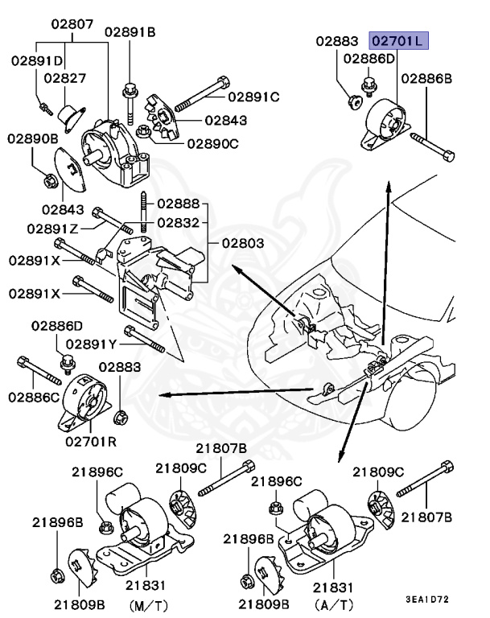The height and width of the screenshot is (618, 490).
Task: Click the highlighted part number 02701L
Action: coord(399,40)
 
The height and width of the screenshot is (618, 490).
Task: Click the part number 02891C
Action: coord(253,97)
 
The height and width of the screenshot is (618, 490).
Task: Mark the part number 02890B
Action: coord(33,138)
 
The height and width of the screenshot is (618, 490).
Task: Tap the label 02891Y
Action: coord(92,344)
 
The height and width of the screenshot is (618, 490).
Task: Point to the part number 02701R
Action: coord(90,441)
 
